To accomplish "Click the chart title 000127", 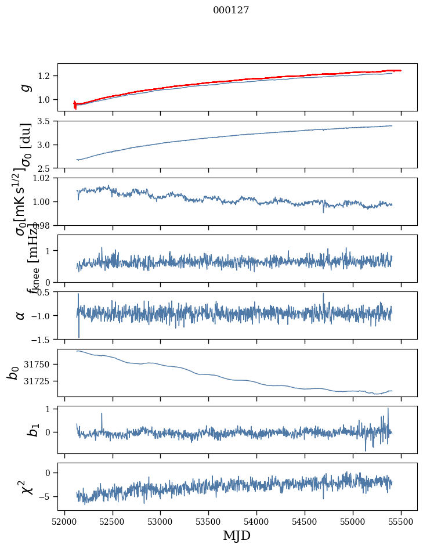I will (x=231, y=10).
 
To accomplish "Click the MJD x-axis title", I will (x=237, y=536).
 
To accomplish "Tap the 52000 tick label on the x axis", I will (x=64, y=521).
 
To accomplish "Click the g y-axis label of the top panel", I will (x=24, y=87).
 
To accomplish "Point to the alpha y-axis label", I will (x=21, y=315).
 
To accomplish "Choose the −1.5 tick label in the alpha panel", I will (x=42, y=339).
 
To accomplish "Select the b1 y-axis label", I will (x=19, y=430).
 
